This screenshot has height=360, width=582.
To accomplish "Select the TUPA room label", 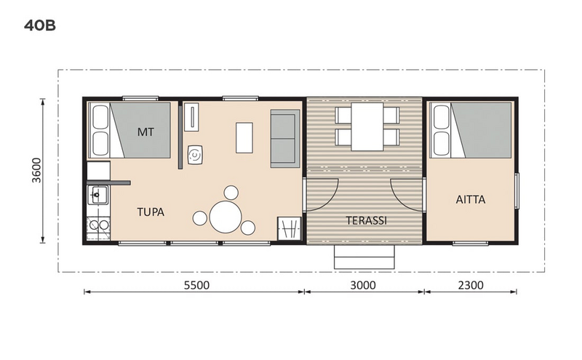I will [x=151, y=213].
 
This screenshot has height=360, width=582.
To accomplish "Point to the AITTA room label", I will [x=471, y=199].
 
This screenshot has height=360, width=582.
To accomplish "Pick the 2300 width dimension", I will [x=470, y=285].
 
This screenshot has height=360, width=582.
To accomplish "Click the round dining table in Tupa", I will [x=225, y=216].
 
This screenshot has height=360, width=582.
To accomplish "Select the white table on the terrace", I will [x=367, y=125].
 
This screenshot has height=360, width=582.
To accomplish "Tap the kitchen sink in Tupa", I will [x=98, y=196].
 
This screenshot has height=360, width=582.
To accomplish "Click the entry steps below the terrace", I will [x=364, y=257].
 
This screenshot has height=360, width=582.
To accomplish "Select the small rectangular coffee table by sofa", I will [x=244, y=136].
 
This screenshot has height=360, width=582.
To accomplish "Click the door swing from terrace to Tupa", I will [x=321, y=194].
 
